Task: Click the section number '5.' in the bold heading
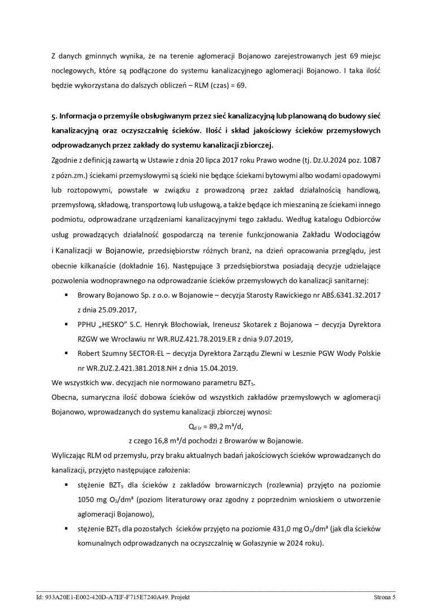[54, 116]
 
